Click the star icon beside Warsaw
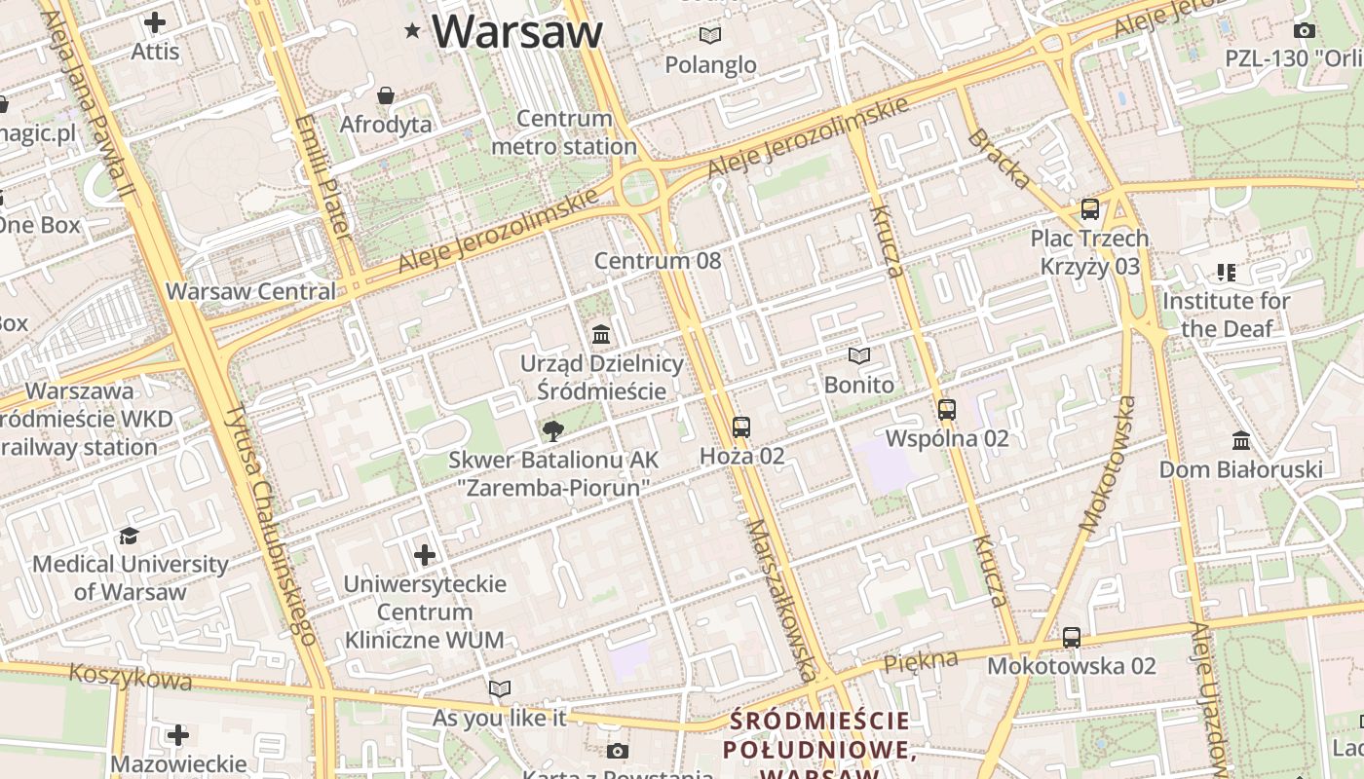click(x=413, y=31)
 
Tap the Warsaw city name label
click(x=517, y=31)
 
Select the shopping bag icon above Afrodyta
click(x=386, y=95)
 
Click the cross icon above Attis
click(x=155, y=22)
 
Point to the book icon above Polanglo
click(x=710, y=36)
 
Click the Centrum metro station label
click(x=564, y=132)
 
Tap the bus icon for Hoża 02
click(x=741, y=427)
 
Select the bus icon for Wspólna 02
click(x=946, y=410)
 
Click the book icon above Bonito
click(x=858, y=356)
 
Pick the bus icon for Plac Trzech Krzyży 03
click(x=1089, y=209)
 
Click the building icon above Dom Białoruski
click(x=1240, y=440)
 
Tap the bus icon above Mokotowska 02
click(x=1071, y=638)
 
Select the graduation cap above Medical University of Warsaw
click(x=130, y=536)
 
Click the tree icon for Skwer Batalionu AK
click(x=552, y=431)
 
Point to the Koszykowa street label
click(x=117, y=677)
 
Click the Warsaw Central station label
click(x=250, y=291)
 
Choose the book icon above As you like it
click(x=500, y=689)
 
